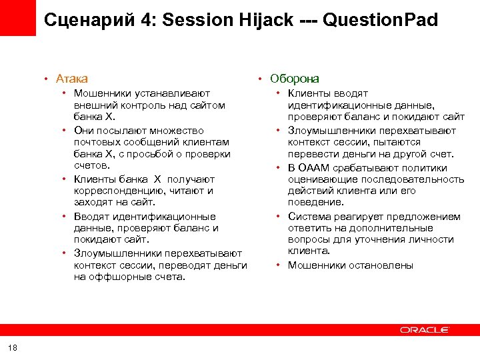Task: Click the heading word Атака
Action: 72,79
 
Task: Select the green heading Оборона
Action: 295,79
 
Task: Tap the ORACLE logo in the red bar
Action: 425,330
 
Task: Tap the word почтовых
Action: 95,142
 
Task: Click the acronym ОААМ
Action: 313,168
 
